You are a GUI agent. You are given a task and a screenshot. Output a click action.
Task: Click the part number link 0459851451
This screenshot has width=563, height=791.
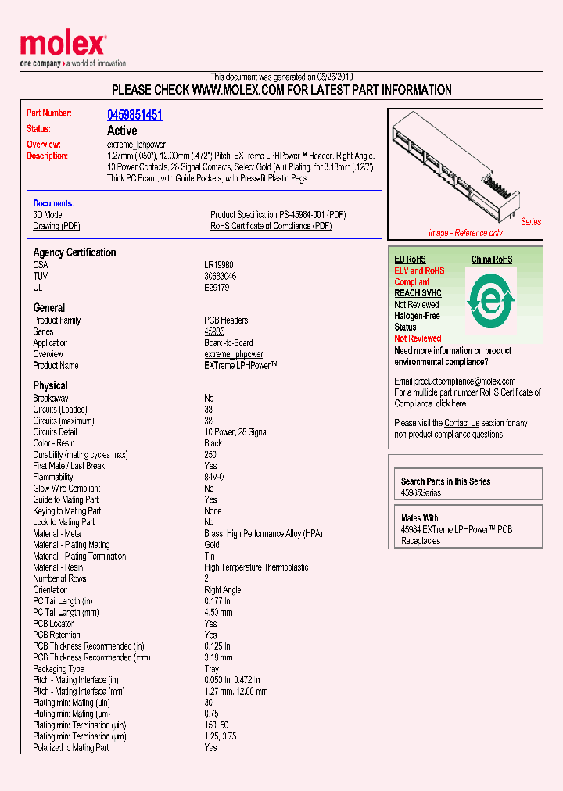coord(134,115)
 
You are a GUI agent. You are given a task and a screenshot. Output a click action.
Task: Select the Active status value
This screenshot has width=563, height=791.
coord(122,131)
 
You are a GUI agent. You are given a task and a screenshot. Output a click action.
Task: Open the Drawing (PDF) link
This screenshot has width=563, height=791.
coord(56,226)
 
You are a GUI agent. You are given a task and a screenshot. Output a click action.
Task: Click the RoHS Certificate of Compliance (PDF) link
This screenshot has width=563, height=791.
coord(271,226)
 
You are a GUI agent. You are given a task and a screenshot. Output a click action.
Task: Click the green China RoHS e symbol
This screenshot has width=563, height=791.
coord(490,299)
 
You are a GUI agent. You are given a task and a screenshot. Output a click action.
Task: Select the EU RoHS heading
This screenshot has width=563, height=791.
coord(410,259)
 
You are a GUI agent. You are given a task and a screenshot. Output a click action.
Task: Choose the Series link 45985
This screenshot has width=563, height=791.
coord(214,331)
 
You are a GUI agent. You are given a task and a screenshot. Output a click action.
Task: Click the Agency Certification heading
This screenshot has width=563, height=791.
coord(74,252)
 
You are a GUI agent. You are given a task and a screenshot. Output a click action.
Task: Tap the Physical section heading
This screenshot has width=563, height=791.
coord(50,385)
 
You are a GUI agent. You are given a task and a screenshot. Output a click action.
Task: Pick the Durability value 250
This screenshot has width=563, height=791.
coord(210,454)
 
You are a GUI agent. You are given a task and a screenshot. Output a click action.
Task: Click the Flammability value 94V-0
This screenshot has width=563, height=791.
coord(214,477)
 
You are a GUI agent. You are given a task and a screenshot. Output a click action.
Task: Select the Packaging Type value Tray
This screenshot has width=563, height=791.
coord(212,669)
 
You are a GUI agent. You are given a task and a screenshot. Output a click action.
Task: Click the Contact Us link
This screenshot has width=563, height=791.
coord(461,423)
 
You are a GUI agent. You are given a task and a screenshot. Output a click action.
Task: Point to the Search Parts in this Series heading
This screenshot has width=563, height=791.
coord(446,481)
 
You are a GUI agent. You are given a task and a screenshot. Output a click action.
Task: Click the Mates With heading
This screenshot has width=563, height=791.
coord(419,518)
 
